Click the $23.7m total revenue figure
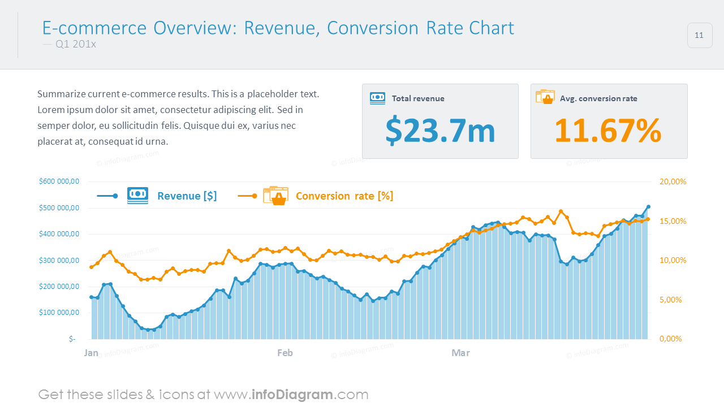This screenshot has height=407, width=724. pyautogui.click(x=440, y=131)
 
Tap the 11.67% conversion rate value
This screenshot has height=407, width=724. pyautogui.click(x=608, y=131)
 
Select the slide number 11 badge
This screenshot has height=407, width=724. pyautogui.click(x=699, y=36)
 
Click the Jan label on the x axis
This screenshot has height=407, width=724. pyautogui.click(x=91, y=353)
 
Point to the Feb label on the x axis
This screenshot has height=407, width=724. pyautogui.click(x=285, y=353)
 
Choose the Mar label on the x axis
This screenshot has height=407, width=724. pyautogui.click(x=460, y=353)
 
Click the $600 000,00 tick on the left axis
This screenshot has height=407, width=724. pyautogui.click(x=59, y=181)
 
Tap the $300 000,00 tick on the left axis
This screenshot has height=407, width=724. pyautogui.click(x=59, y=261)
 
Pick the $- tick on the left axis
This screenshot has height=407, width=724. pyautogui.click(x=72, y=339)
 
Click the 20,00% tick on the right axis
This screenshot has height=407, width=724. pyautogui.click(x=673, y=181)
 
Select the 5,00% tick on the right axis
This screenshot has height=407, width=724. pyautogui.click(x=673, y=300)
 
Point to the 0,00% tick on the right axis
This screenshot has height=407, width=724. pyautogui.click(x=673, y=339)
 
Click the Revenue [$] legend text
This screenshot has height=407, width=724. pyautogui.click(x=187, y=196)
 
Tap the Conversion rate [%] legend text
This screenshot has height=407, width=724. pyautogui.click(x=344, y=196)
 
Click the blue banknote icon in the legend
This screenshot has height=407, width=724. pyautogui.click(x=137, y=196)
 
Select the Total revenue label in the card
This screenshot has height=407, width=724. pyautogui.click(x=418, y=98)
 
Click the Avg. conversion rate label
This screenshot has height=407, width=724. pyautogui.click(x=598, y=98)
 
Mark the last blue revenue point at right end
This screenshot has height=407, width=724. pyautogui.click(x=648, y=207)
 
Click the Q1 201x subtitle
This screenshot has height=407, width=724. pyautogui.click(x=76, y=44)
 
